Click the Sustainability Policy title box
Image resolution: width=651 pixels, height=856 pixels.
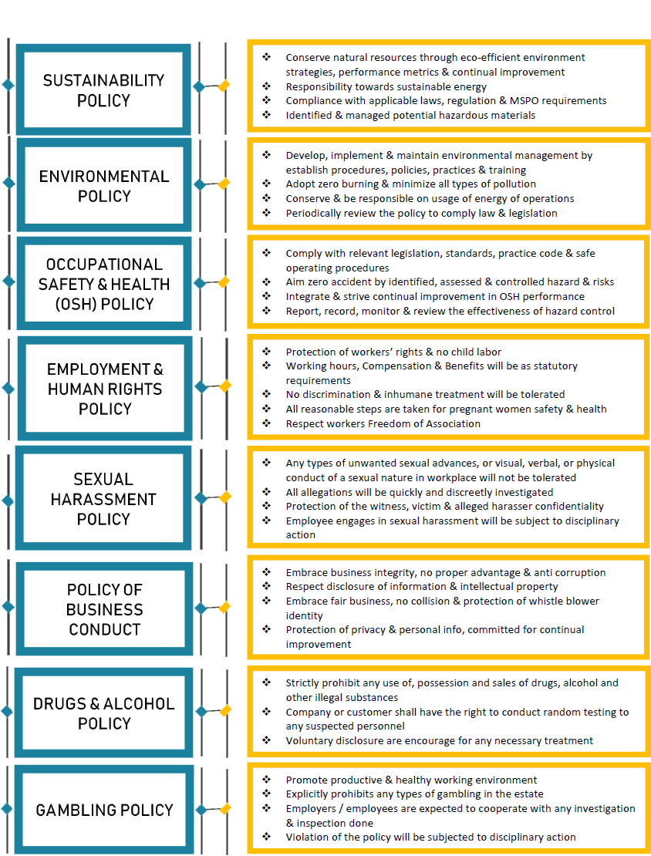[103, 90]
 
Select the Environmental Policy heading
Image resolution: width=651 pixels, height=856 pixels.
[104, 186]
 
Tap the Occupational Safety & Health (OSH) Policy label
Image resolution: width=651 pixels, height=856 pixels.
[104, 284]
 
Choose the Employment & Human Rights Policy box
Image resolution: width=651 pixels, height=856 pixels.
[104, 388]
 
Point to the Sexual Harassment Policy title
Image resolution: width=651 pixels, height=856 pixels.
[103, 499]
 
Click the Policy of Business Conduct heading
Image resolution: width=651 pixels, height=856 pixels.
[104, 609]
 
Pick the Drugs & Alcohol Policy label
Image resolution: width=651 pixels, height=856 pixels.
[104, 713]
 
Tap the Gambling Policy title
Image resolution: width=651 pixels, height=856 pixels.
[104, 810]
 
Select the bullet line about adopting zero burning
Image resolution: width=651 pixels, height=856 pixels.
[410, 184]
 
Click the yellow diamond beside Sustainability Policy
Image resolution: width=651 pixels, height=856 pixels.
[224, 86]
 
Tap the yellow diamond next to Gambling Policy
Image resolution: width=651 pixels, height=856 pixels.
[224, 808]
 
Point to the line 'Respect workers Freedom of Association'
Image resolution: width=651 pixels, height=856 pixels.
[383, 423]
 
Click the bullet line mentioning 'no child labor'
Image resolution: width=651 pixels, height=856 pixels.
[393, 352]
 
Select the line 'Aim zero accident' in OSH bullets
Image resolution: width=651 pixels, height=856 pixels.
[450, 281]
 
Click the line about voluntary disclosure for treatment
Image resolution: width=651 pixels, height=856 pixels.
[439, 741]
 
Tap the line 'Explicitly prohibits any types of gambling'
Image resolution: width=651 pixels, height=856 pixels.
[414, 794]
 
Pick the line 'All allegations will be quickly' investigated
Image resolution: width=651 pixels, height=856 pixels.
[420, 493]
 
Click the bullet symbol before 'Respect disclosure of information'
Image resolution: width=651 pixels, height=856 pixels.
[266, 586]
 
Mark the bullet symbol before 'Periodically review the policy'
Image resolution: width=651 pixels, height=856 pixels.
[266, 212]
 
